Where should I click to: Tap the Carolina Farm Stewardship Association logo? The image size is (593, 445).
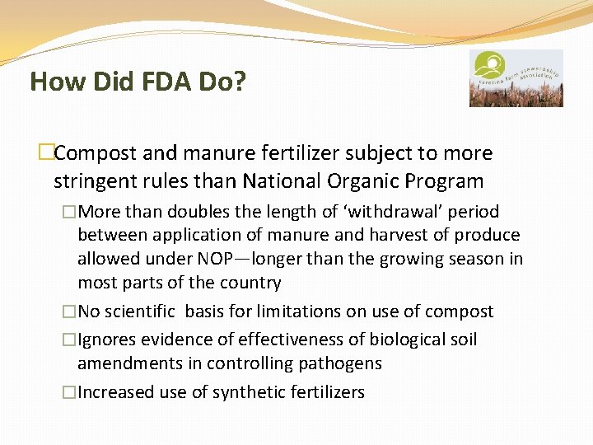[x=516, y=78]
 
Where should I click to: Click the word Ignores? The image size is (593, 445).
[x=108, y=340]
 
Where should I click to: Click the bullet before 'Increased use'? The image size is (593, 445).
[x=68, y=392]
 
